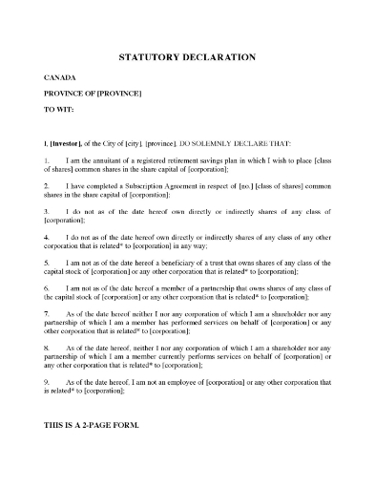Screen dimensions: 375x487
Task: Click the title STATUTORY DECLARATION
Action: pos(186,57)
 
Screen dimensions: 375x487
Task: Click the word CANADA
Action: pos(60,74)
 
